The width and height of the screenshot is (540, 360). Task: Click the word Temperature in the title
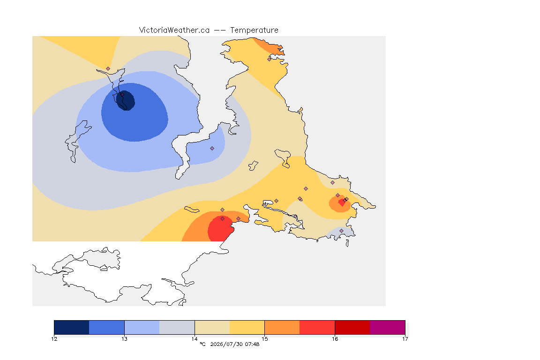pyautogui.click(x=254, y=30)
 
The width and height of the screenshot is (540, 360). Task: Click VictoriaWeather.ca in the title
pyautogui.click(x=174, y=30)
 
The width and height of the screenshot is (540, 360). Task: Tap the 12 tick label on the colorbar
pyautogui.click(x=54, y=339)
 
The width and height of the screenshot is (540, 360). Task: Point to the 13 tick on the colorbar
pyautogui.click(x=124, y=339)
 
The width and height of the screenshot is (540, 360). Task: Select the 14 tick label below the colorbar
pyautogui.click(x=195, y=339)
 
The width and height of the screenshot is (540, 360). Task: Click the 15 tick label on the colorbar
pyautogui.click(x=264, y=339)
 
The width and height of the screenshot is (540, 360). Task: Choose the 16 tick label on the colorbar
pyautogui.click(x=335, y=339)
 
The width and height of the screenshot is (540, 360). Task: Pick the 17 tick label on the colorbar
pyautogui.click(x=405, y=339)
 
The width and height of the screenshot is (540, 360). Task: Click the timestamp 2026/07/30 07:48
pyautogui.click(x=234, y=344)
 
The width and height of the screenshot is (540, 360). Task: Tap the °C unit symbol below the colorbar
pyautogui.click(x=202, y=344)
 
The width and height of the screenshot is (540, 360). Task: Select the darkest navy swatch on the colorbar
pyautogui.click(x=72, y=327)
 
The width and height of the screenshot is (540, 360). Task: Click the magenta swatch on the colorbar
pyautogui.click(x=388, y=327)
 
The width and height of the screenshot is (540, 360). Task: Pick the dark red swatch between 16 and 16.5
pyautogui.click(x=352, y=327)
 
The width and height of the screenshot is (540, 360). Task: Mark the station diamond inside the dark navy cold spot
pyautogui.click(x=122, y=94)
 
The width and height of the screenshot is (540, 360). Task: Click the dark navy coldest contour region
pyautogui.click(x=125, y=100)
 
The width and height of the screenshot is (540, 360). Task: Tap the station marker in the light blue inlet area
pyautogui.click(x=212, y=149)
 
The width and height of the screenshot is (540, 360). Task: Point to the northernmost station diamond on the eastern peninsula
pyautogui.click(x=270, y=59)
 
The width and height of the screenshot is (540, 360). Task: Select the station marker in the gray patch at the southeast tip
pyautogui.click(x=341, y=231)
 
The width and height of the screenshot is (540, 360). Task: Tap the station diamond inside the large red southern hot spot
pyautogui.click(x=223, y=219)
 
